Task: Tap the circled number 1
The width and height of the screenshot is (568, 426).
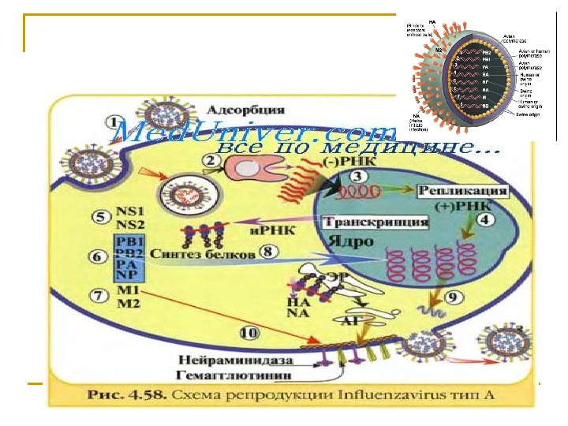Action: pos(116,123)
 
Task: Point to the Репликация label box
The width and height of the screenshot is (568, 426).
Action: pos(462,192)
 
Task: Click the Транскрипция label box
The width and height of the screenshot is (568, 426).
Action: pos(376,222)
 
